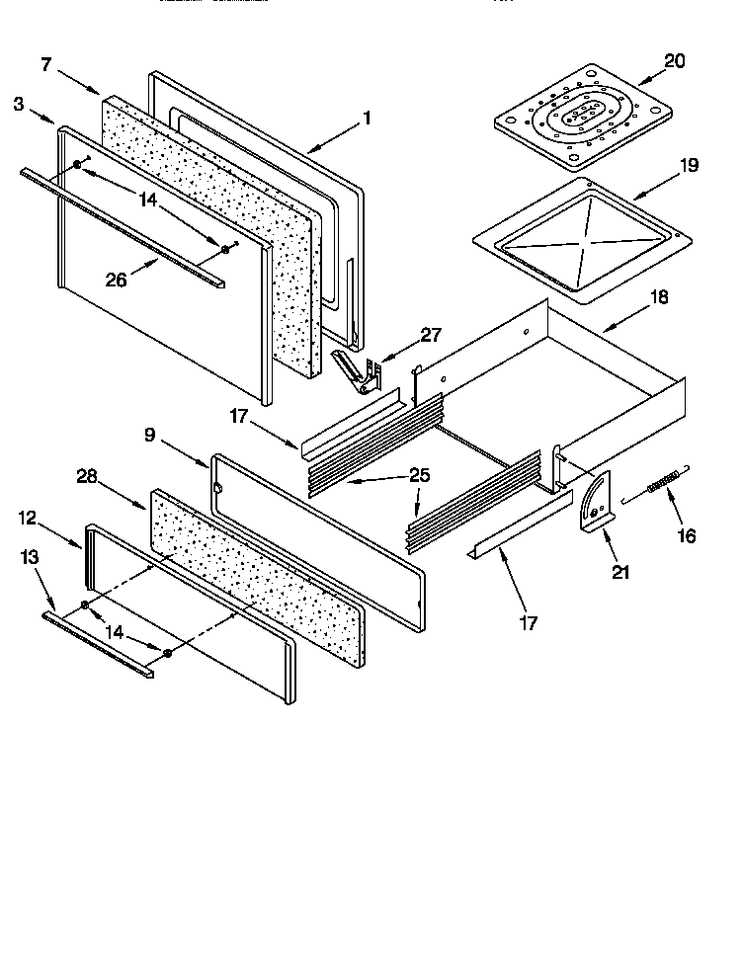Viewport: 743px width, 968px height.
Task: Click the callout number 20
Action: pos(674,61)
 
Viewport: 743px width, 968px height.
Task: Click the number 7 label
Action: pos(46,65)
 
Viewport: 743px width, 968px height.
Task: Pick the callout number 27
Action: pos(431,335)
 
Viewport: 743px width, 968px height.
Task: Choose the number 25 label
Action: pos(419,475)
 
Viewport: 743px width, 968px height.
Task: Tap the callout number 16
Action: pos(685,536)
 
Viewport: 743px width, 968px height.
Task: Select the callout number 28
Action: pos(88,476)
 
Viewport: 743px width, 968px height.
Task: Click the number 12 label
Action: pos(27,517)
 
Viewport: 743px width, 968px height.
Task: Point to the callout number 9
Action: pos(149,433)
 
